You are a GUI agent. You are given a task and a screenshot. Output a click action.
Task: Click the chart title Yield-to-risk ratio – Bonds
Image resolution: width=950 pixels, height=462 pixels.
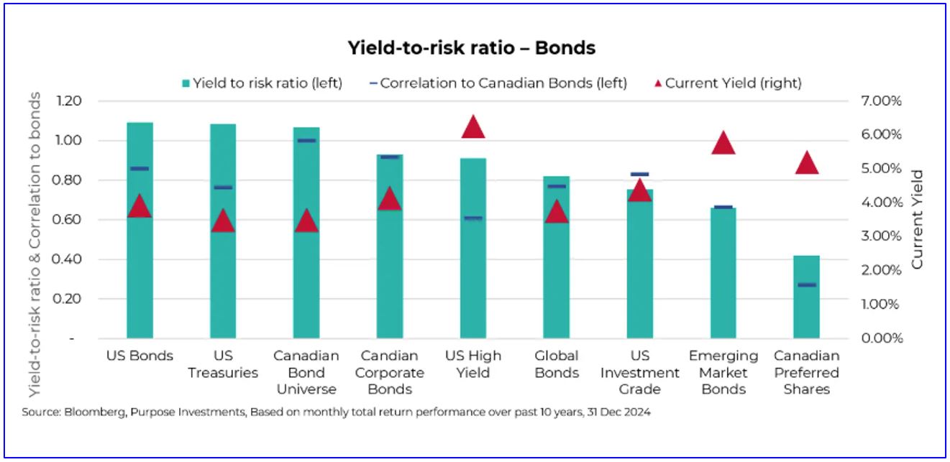point(472,48)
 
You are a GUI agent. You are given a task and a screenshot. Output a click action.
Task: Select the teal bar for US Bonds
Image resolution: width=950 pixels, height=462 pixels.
point(140,230)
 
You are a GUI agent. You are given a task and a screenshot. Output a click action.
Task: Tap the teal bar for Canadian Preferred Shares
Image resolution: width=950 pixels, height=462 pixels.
point(807,297)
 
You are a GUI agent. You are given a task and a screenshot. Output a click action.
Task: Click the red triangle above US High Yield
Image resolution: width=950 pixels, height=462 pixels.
point(473,126)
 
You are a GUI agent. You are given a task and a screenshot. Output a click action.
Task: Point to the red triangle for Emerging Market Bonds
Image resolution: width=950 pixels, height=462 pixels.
point(723,143)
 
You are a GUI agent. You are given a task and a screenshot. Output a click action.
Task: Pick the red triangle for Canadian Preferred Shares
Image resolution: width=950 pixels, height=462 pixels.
point(807,163)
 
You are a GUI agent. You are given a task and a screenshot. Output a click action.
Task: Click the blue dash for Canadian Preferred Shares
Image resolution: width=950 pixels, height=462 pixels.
point(807,285)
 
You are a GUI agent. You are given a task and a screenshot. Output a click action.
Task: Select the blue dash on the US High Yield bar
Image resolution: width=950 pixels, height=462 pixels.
point(473,218)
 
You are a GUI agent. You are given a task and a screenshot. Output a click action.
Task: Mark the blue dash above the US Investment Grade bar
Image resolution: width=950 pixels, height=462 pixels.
point(639,174)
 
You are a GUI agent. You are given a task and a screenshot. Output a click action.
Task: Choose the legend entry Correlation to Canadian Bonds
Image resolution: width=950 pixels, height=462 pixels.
point(498,83)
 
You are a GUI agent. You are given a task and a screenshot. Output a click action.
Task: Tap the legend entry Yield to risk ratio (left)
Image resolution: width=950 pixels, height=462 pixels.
point(262,83)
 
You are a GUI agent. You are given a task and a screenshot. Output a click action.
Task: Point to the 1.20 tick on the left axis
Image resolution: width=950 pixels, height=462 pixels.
point(69,101)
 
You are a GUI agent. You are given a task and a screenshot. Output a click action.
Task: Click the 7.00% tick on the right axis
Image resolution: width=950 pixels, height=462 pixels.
point(881,101)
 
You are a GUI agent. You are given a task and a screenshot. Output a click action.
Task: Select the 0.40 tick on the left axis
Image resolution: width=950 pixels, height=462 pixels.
point(67,259)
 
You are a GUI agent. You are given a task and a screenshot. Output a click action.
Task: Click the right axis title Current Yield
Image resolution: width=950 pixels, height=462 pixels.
point(917,220)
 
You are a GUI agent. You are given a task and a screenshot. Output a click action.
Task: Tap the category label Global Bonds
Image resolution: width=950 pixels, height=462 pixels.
point(557,364)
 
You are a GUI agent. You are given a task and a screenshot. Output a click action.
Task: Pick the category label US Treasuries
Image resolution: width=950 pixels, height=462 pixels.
point(223,364)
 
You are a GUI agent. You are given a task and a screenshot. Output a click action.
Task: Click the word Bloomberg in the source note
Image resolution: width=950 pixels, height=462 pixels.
point(95,412)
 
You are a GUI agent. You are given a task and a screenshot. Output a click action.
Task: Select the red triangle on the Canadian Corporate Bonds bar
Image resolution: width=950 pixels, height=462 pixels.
point(390,198)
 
